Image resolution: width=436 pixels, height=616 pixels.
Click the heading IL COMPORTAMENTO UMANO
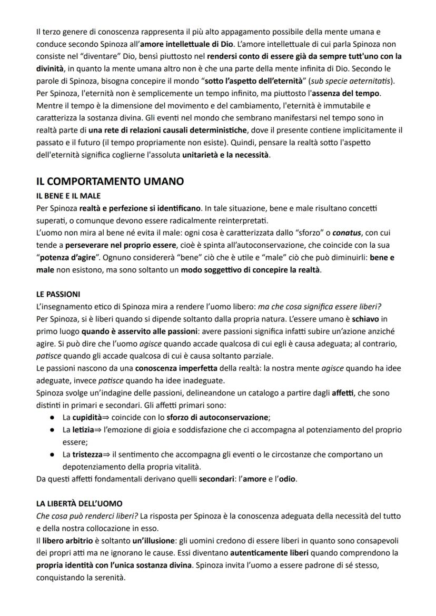click(x=110, y=181)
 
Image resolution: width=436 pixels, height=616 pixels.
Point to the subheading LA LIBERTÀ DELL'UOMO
click(x=79, y=504)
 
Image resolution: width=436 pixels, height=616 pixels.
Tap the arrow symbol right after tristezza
click(x=107, y=454)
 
